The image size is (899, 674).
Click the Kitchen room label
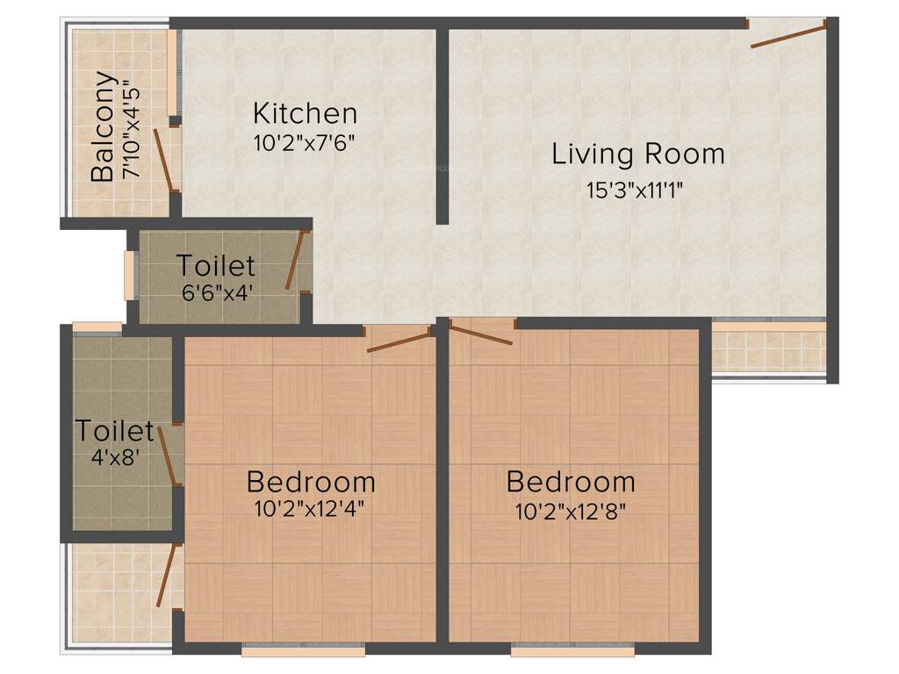[305, 113]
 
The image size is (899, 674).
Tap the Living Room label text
[638, 154]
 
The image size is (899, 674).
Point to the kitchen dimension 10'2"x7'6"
[305, 143]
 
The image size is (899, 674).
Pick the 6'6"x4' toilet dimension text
[218, 292]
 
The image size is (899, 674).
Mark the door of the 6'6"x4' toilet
[297, 261]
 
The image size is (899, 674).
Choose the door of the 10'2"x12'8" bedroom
[480, 333]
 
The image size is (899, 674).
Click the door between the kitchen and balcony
[164, 160]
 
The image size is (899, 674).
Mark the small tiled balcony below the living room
[768, 348]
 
